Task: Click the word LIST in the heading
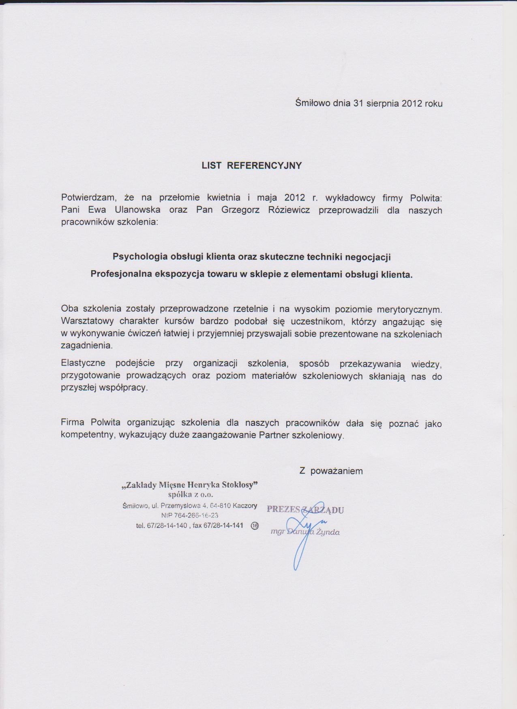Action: (x=211, y=166)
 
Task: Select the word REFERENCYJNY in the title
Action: (x=264, y=166)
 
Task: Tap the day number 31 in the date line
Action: (x=358, y=103)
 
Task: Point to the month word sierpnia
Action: (x=382, y=103)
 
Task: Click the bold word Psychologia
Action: (x=140, y=257)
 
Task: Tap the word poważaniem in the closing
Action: (x=337, y=471)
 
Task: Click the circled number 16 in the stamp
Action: (x=255, y=526)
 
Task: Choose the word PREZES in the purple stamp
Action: (x=283, y=509)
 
